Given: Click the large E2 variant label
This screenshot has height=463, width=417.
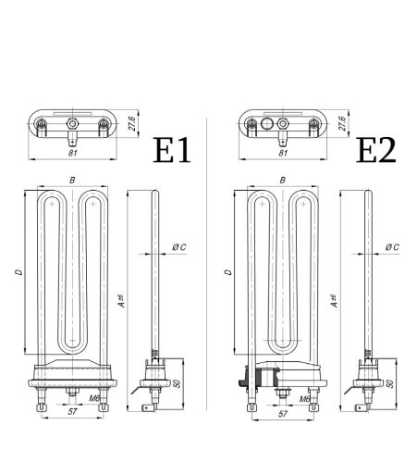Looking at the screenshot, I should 378,150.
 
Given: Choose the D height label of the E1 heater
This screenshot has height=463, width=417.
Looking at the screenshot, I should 18,274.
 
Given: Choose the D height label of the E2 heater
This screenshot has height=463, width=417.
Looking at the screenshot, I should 227,274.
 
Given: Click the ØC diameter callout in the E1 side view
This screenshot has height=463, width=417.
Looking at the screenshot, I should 179,247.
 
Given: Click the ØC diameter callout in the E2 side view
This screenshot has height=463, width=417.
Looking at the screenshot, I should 392,247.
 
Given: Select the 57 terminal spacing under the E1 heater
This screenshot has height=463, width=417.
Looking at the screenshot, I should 72,414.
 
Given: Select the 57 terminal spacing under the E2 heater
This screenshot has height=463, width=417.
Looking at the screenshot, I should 283,414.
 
